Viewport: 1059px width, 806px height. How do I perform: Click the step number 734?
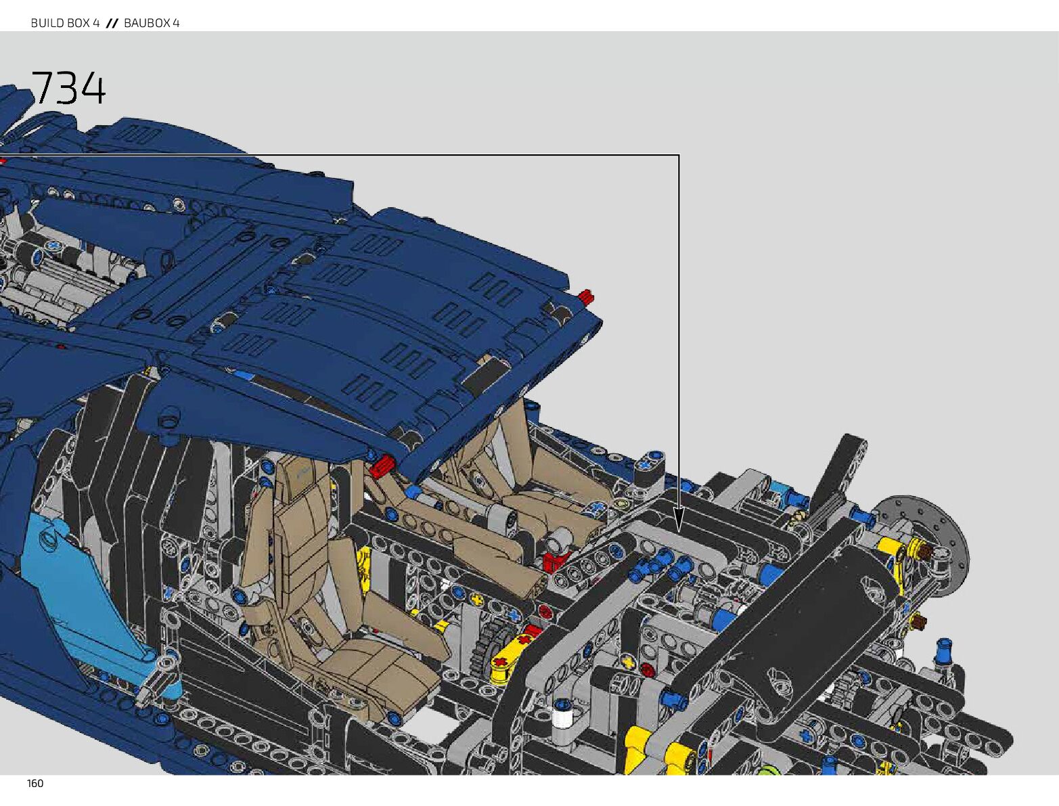point(68,88)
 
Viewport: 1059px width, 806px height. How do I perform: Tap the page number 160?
point(35,784)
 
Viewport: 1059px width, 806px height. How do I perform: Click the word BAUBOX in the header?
point(147,23)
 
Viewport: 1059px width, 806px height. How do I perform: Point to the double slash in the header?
point(112,23)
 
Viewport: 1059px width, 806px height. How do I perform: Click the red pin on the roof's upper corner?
point(586,296)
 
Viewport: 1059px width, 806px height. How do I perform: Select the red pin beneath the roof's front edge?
point(382,466)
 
